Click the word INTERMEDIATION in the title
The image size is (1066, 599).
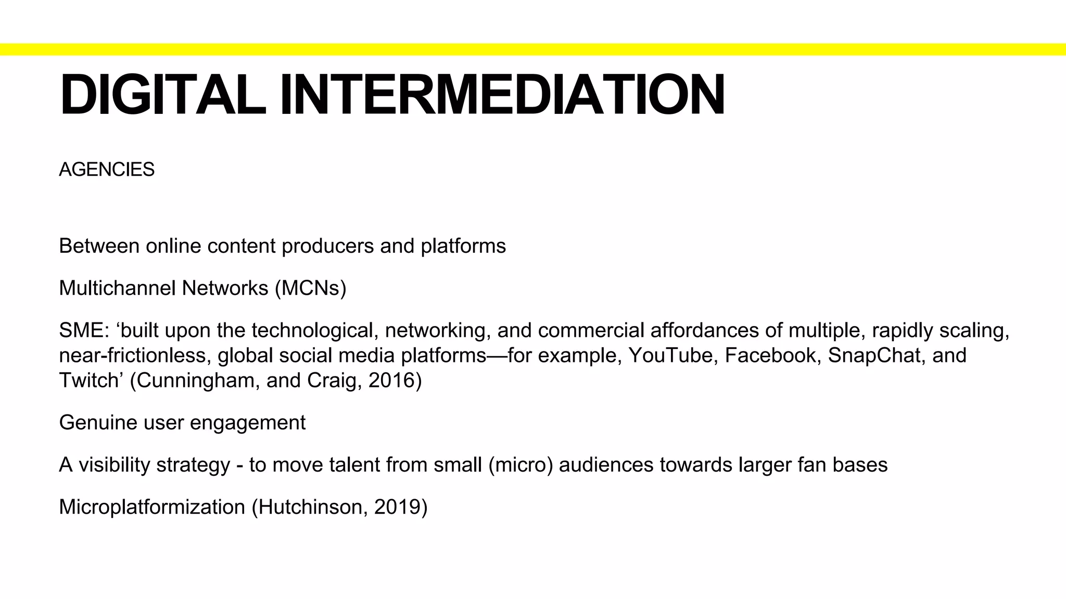click(502, 95)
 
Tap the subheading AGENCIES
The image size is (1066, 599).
click(107, 170)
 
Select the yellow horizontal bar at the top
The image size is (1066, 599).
click(533, 49)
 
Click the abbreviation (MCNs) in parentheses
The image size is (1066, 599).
click(310, 288)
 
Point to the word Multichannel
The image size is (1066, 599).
click(111, 288)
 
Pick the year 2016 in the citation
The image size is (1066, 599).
click(395, 381)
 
